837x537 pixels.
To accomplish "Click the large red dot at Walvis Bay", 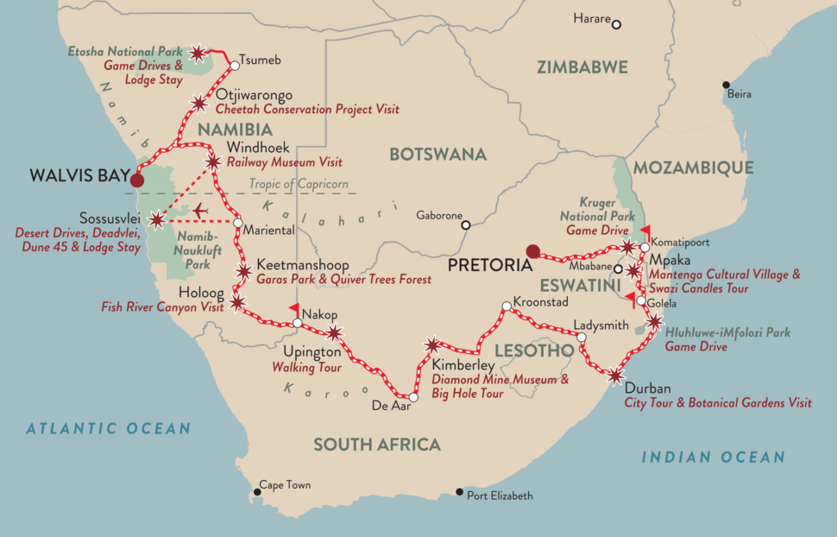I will point(136,180).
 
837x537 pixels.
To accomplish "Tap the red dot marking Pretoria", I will point(533,252).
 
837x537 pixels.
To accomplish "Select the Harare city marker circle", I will point(616,24).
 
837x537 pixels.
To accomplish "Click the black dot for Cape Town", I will point(255,492).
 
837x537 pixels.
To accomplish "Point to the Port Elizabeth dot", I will point(460,492).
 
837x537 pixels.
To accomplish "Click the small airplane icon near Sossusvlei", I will point(201,210).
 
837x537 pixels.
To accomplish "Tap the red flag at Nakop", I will point(295,308).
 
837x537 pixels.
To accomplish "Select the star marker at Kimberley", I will point(432,345).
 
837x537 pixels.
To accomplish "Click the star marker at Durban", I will point(615,376).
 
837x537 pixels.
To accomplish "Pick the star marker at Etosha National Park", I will point(198,54).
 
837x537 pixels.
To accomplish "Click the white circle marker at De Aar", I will point(413,398).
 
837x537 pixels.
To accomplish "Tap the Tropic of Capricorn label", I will point(299,184).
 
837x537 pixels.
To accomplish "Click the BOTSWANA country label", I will point(437,155).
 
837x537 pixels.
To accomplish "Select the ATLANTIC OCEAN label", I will point(108,428).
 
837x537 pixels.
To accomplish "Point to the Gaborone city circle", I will point(466,224).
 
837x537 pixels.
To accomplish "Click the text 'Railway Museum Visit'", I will point(285,162).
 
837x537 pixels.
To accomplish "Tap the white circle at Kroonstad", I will point(507,306).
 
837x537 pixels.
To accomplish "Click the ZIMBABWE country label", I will point(582,67).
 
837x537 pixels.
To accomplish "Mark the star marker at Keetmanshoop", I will point(244,273).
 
